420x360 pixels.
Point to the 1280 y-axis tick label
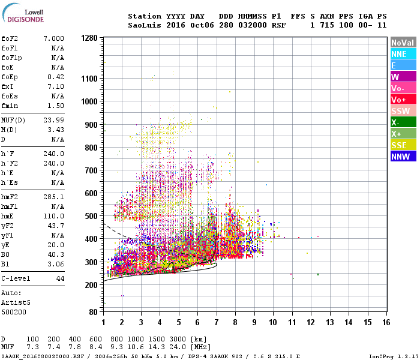(x=89, y=38)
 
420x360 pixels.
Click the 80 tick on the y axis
(x=92, y=312)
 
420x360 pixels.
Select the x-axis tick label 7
(x=217, y=322)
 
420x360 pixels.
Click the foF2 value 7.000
(x=53, y=38)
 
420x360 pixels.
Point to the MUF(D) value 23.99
(x=53, y=121)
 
